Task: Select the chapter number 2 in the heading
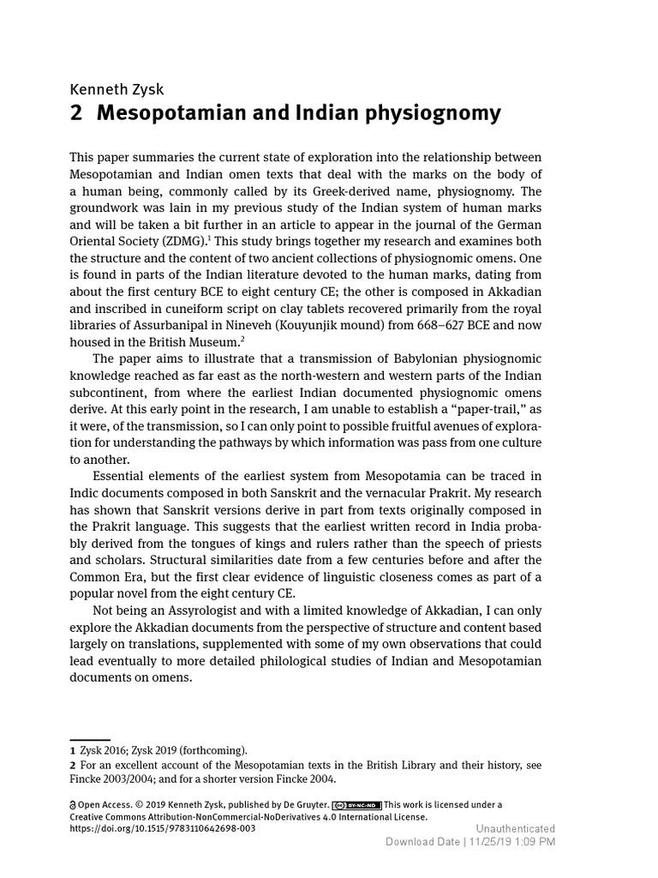[x=75, y=114]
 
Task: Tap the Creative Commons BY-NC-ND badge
[x=356, y=805]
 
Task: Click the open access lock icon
[x=73, y=805]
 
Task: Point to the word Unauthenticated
[x=516, y=828]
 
